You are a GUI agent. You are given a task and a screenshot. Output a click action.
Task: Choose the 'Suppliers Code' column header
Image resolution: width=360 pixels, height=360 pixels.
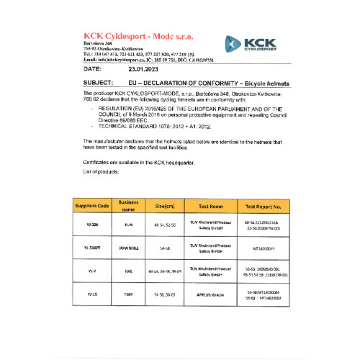click(92, 206)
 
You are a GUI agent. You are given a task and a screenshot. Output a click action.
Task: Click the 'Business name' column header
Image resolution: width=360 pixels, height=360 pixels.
click(128, 206)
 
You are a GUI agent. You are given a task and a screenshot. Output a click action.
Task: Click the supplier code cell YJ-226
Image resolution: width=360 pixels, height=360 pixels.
click(92, 225)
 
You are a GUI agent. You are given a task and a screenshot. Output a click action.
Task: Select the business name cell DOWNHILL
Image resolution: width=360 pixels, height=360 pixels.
click(128, 248)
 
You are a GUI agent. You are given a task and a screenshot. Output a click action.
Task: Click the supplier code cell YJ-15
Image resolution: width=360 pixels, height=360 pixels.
click(92, 295)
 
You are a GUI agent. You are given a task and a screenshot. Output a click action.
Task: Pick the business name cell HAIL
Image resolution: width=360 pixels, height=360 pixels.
click(128, 271)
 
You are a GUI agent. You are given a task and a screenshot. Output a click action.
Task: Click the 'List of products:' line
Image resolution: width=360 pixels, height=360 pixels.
click(90, 172)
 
